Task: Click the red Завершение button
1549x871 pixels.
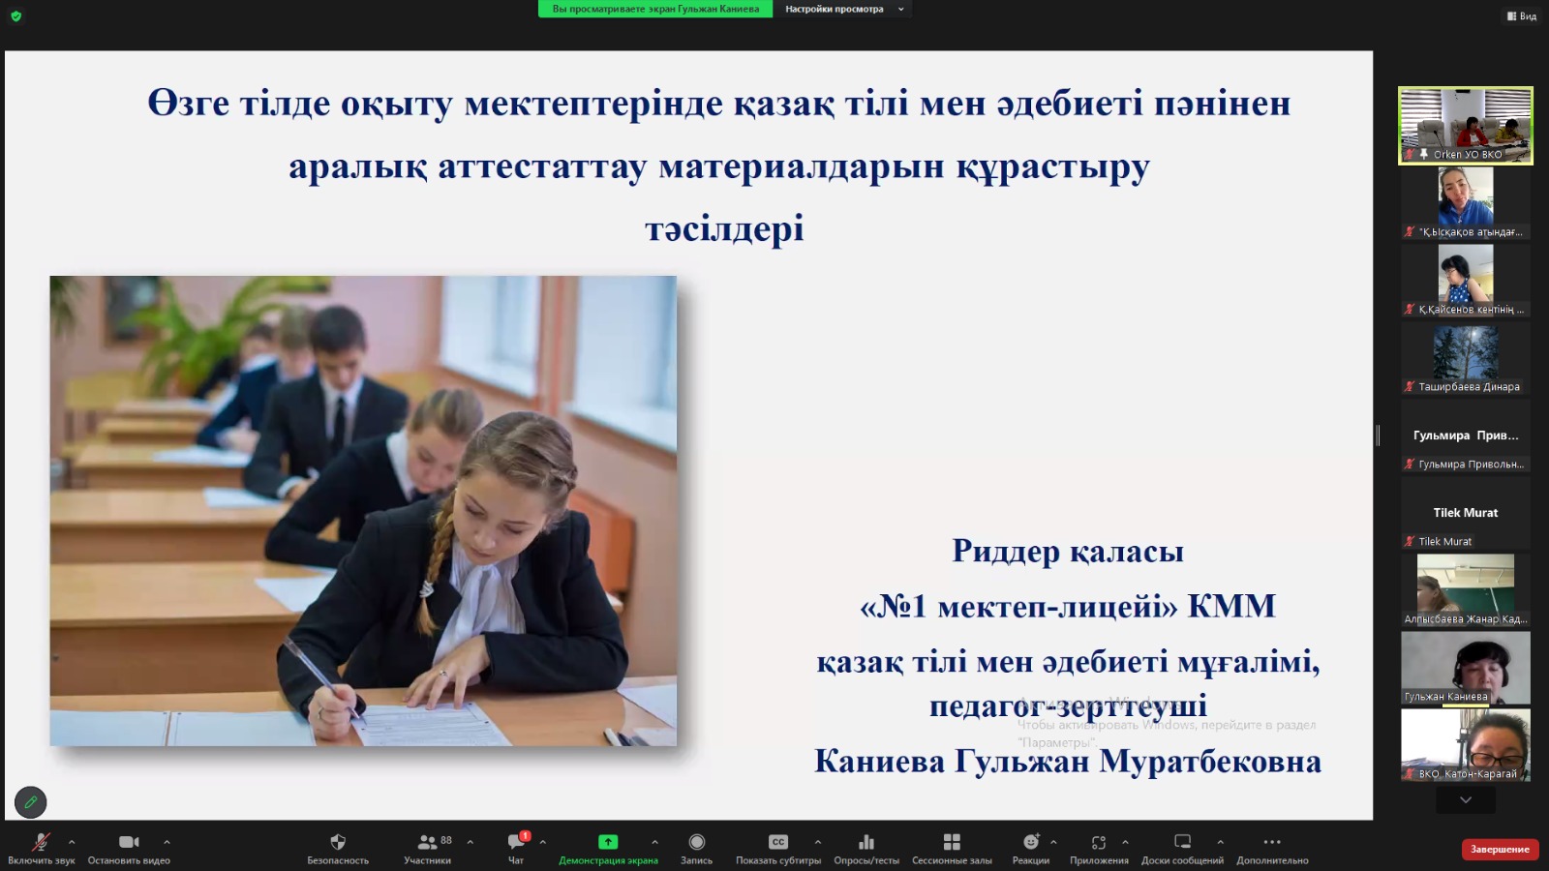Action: [1500, 849]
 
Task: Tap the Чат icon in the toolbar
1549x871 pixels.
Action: [516, 842]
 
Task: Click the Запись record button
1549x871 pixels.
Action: [696, 842]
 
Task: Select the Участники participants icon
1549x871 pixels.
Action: [427, 842]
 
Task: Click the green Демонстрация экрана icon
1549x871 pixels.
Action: [608, 842]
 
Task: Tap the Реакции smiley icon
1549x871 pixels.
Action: [1030, 842]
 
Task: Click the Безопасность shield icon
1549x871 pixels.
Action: [338, 842]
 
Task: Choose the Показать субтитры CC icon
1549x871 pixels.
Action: [777, 842]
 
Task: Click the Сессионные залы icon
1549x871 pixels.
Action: [952, 842]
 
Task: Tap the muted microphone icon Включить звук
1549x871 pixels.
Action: [41, 842]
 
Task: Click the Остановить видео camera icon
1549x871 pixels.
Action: [129, 842]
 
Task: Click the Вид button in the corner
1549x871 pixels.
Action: [1522, 15]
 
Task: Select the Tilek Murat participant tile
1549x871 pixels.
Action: [1465, 513]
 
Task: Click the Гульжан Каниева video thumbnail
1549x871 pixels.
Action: [1465, 667]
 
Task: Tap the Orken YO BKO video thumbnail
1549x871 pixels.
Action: [1465, 125]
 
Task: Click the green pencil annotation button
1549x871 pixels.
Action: [31, 801]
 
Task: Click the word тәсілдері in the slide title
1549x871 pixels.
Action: [724, 228]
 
